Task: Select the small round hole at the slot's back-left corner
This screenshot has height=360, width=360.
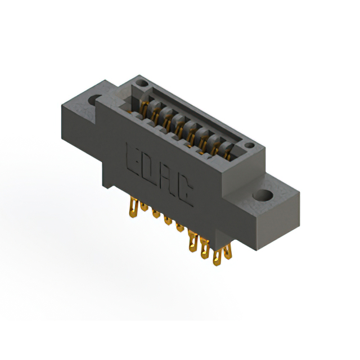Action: [142, 85]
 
